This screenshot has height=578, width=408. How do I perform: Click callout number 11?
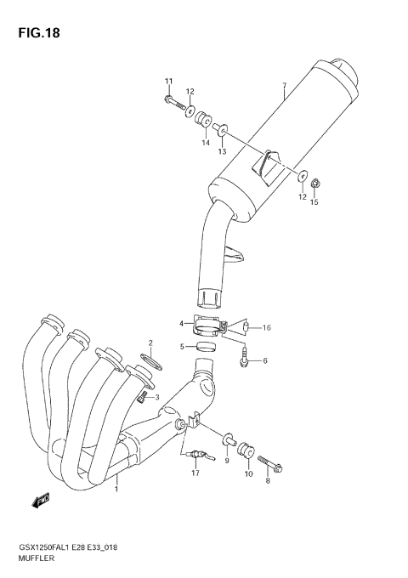coord(168,81)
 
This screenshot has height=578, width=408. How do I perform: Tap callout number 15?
coord(314,202)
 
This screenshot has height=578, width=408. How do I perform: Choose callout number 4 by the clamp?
coord(181,323)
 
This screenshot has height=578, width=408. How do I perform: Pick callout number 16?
coord(266,327)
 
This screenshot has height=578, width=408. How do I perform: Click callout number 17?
coord(195,473)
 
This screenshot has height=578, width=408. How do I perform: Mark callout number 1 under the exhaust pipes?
coord(116,489)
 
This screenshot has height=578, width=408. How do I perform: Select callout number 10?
coord(248,474)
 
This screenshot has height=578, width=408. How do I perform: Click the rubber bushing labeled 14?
coord(204,119)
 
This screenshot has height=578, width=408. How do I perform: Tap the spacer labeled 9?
coord(229,440)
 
